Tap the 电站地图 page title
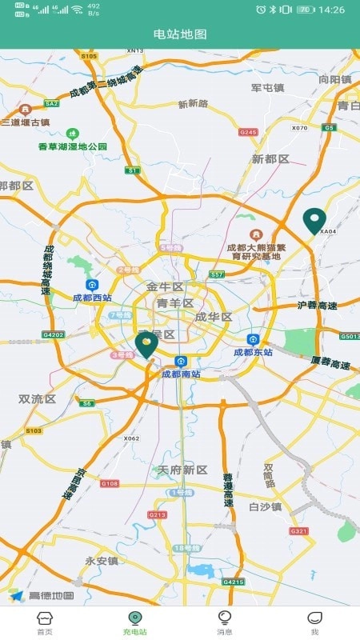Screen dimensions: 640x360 click(x=180, y=34)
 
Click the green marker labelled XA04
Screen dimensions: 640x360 click(x=314, y=220)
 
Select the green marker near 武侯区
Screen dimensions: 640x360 click(x=146, y=345)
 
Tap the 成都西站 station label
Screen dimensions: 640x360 click(x=92, y=297)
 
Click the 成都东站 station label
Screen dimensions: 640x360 click(x=253, y=351)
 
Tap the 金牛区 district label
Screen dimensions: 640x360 click(x=165, y=286)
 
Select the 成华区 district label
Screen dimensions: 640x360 click(x=213, y=317)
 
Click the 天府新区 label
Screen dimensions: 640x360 click(x=182, y=470)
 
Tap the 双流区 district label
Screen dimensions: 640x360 click(x=37, y=398)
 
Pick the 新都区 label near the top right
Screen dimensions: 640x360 click(x=270, y=159)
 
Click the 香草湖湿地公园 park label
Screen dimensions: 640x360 click(x=73, y=146)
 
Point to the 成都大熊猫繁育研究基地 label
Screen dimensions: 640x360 click(x=254, y=251)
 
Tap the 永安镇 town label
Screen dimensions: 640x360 click(x=102, y=561)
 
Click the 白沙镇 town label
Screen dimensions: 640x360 click(x=265, y=506)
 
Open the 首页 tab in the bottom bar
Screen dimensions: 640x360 click(x=45, y=622)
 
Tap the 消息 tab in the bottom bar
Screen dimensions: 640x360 click(x=225, y=622)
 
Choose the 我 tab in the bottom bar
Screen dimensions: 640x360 click(x=314, y=622)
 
